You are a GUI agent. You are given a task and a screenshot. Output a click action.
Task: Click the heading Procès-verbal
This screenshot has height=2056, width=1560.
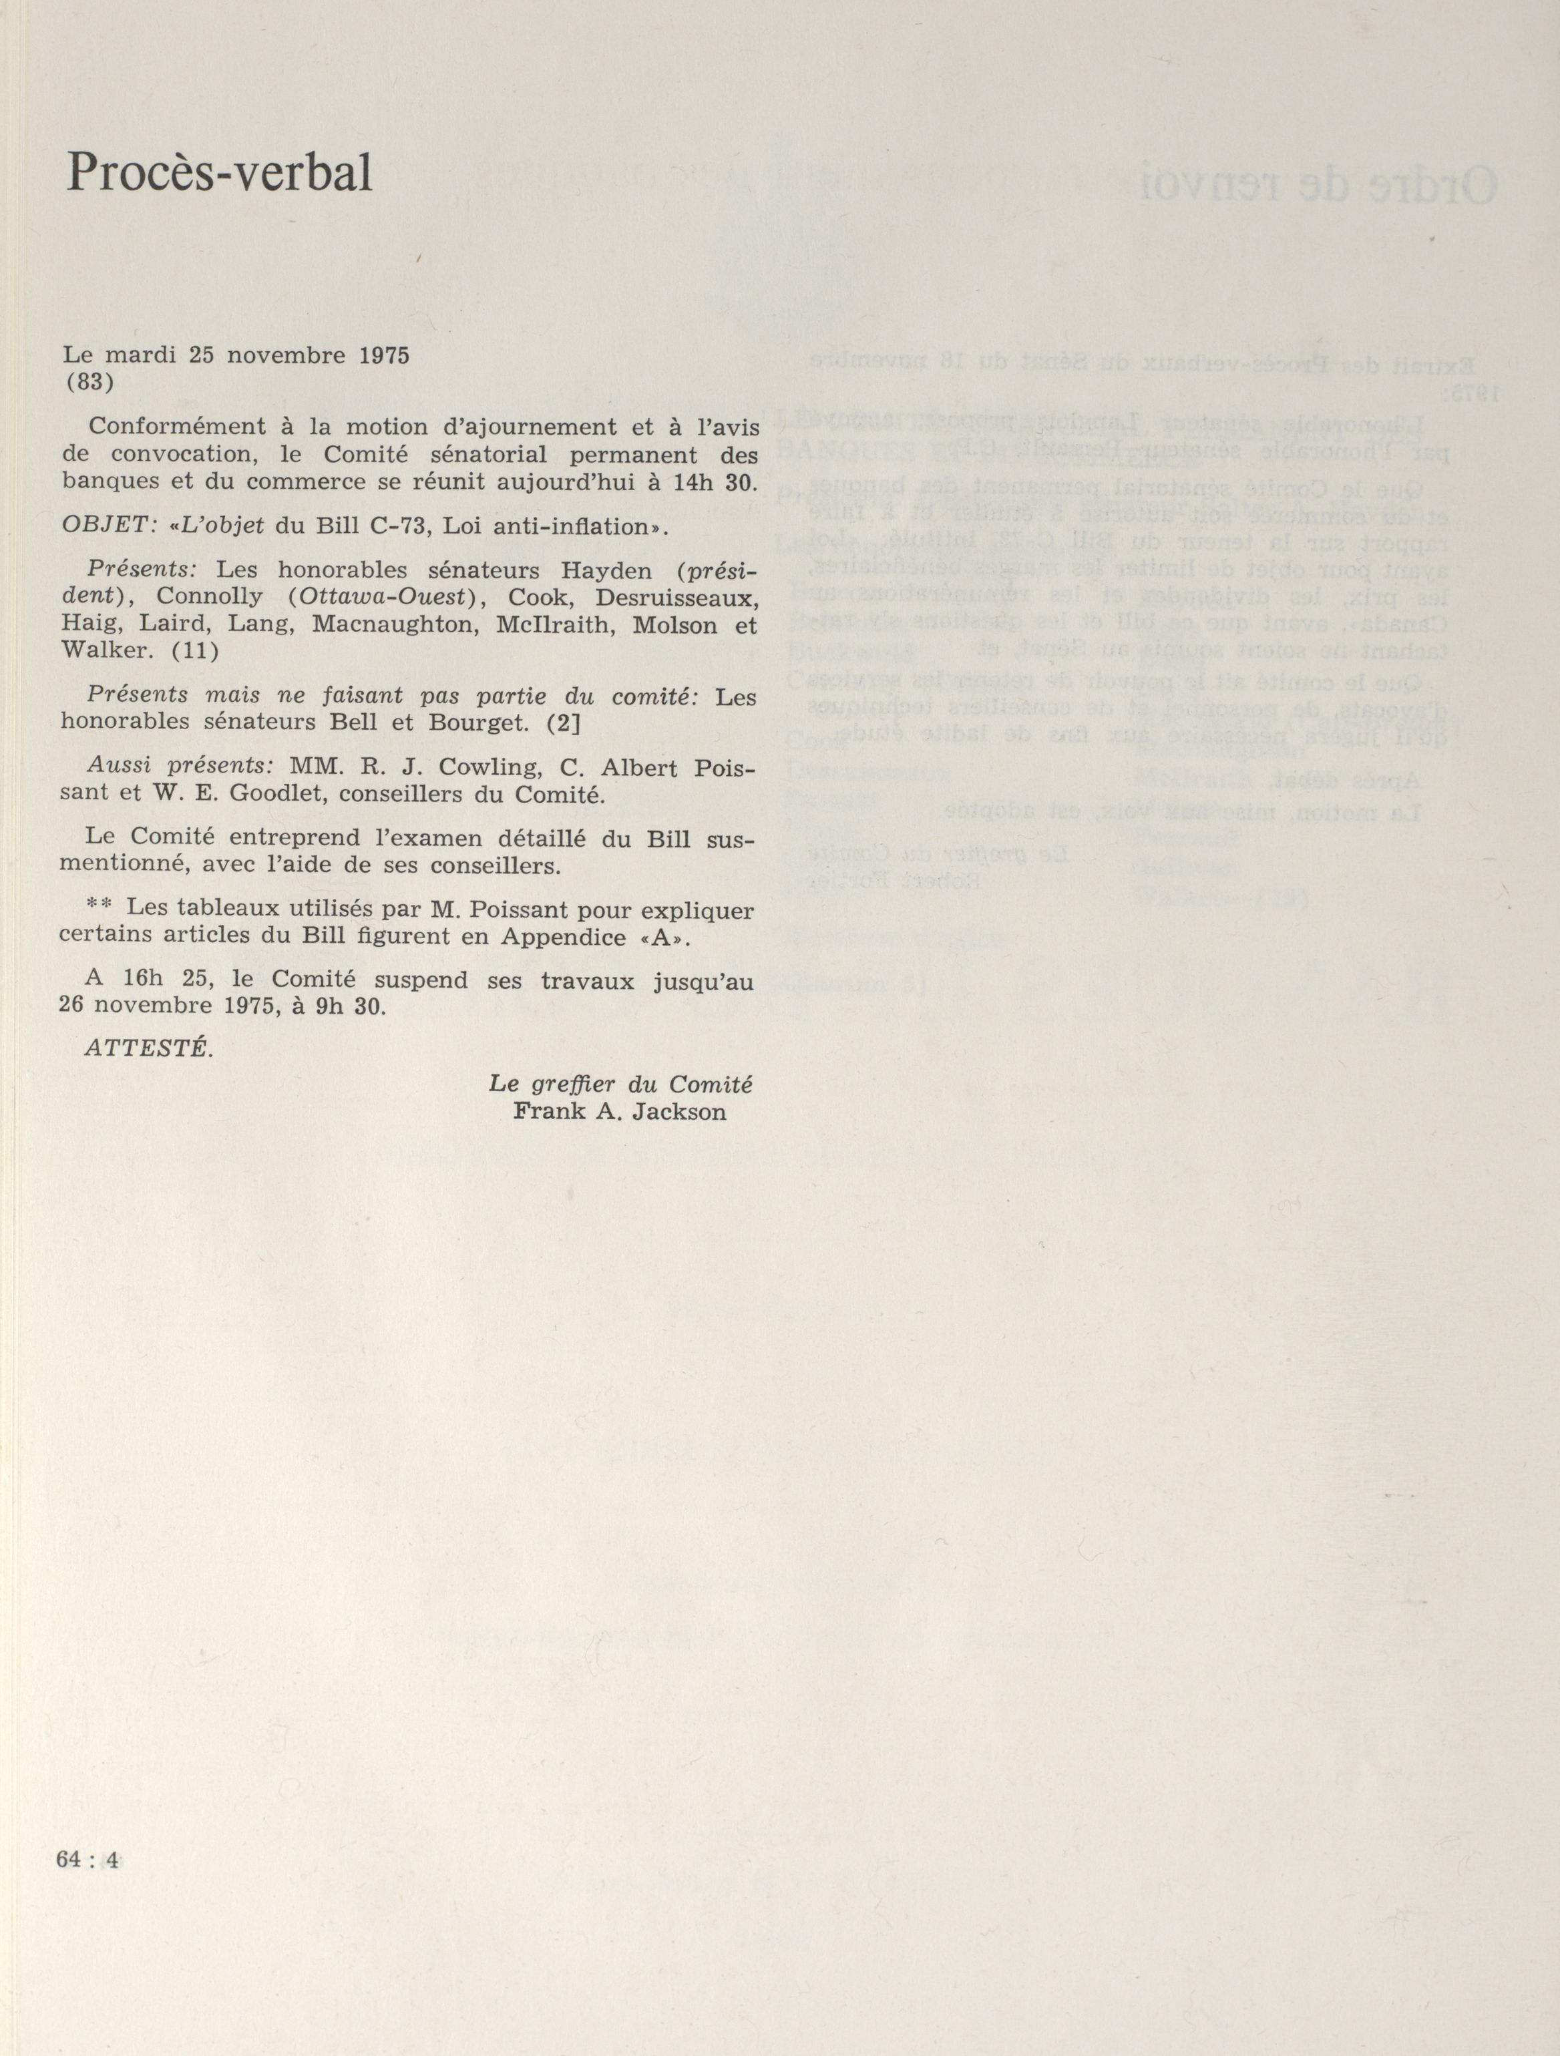[x=220, y=173]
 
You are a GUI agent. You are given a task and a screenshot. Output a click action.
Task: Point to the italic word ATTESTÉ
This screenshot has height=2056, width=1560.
[x=148, y=1048]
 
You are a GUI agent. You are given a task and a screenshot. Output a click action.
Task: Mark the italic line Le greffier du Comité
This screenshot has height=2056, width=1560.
[x=620, y=1084]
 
